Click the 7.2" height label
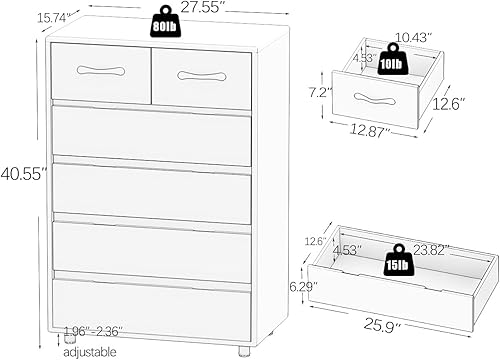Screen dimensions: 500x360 (321, 91)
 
